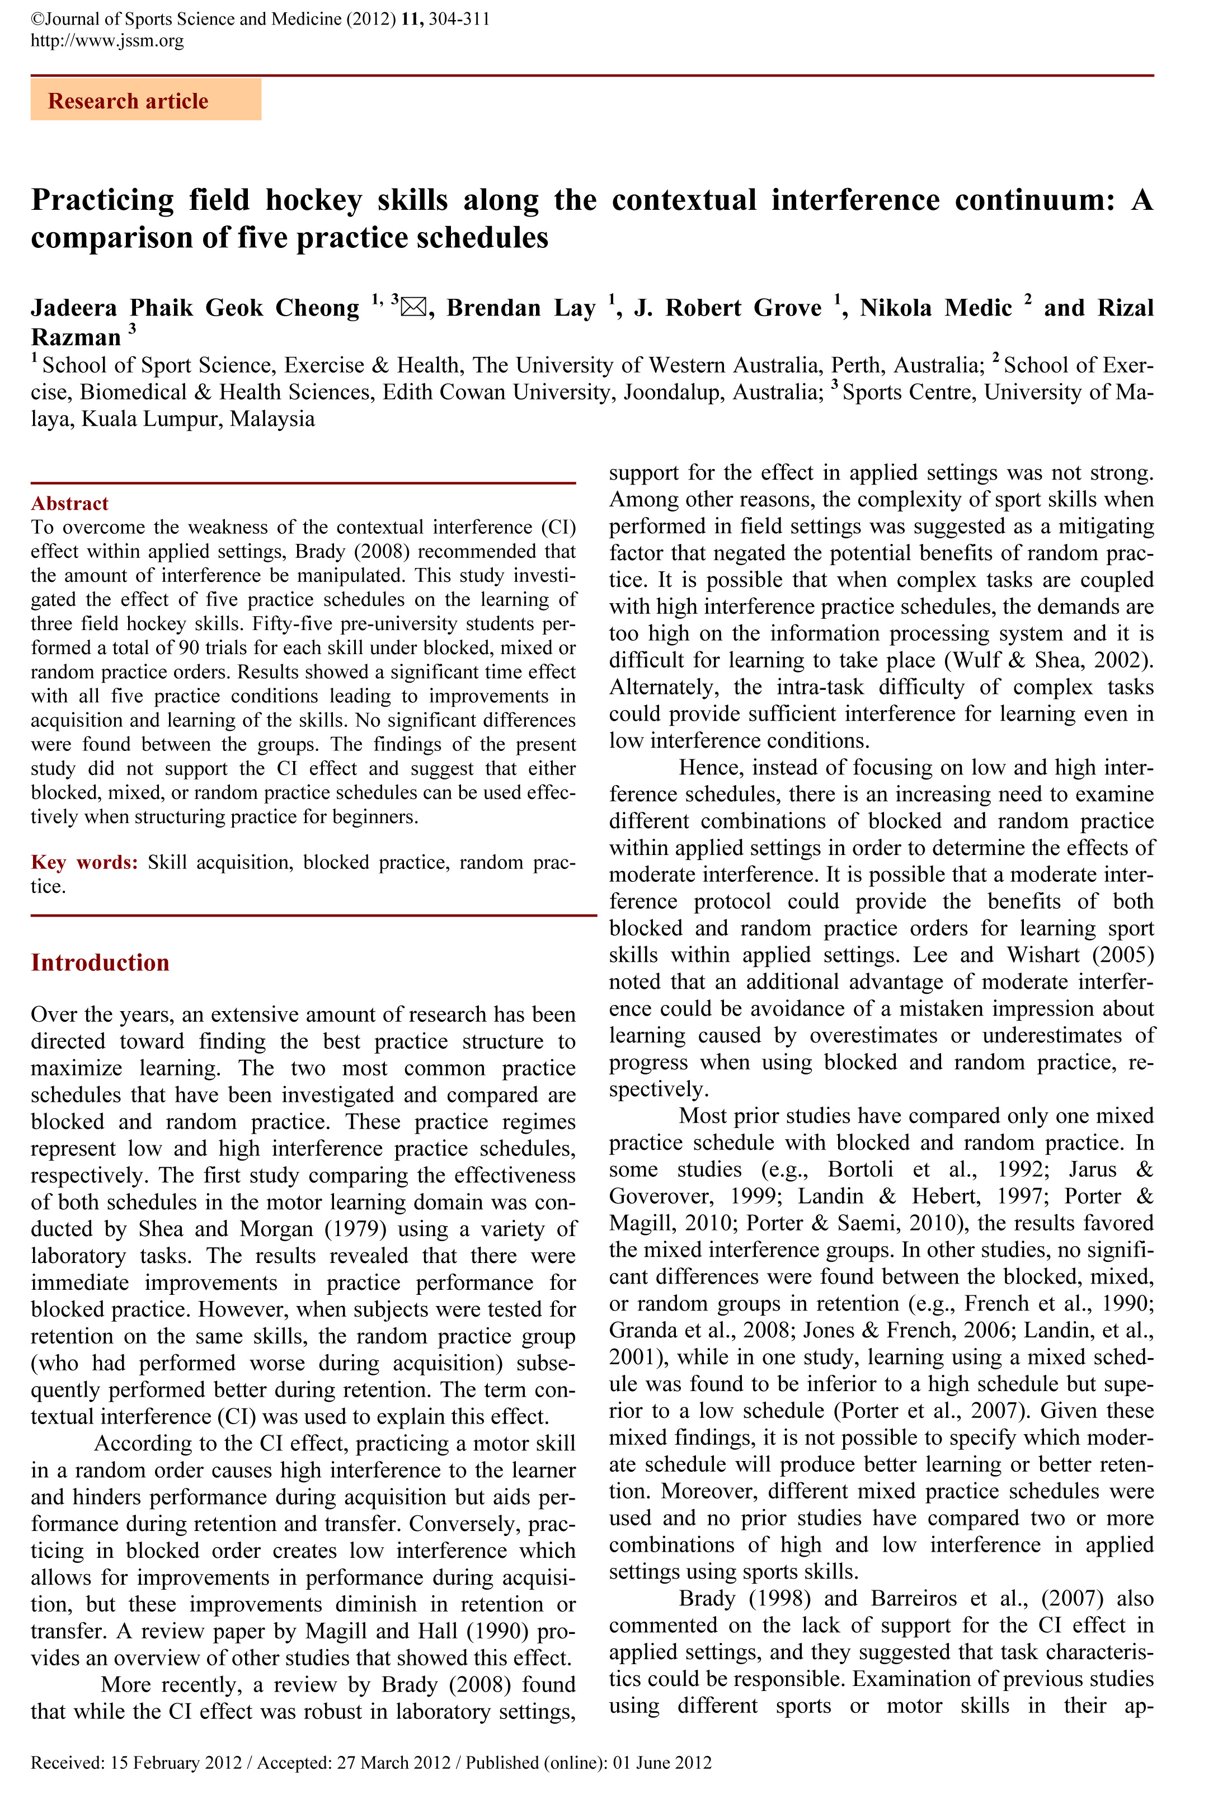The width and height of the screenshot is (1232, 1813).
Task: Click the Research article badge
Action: (x=146, y=101)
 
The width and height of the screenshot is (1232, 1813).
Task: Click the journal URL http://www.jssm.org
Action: (x=107, y=40)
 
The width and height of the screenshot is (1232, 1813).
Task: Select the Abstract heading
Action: (x=69, y=503)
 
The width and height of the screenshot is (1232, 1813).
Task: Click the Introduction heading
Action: (x=100, y=962)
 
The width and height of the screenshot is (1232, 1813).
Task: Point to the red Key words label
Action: (x=84, y=862)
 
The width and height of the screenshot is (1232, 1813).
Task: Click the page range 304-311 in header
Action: (x=459, y=18)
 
